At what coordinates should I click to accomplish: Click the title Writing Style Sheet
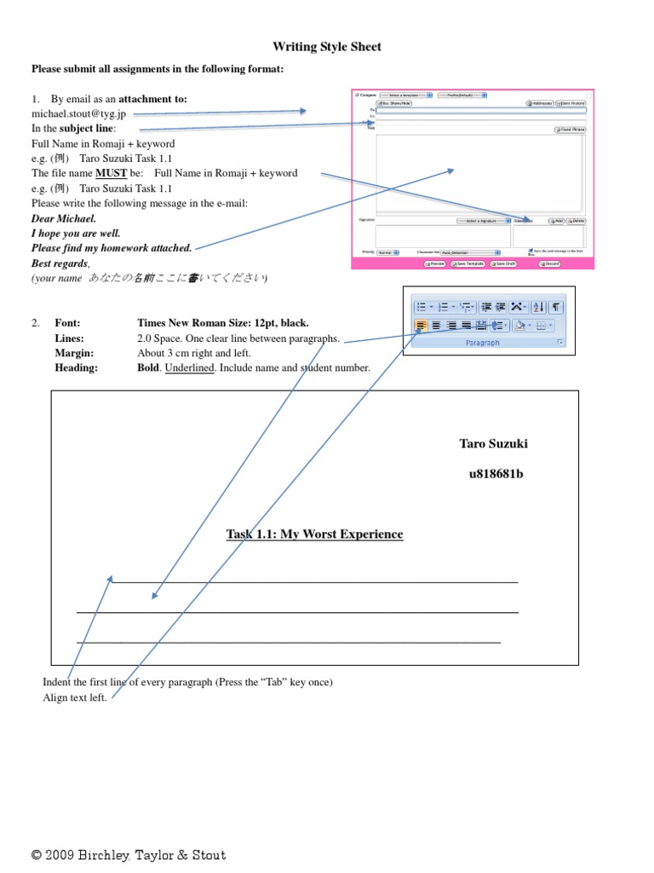coord(327,47)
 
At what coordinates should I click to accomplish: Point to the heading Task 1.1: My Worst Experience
coord(314,535)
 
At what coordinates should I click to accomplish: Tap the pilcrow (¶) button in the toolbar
coord(556,307)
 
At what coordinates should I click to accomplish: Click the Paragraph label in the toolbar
coord(483,343)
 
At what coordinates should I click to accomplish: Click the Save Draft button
coord(505,264)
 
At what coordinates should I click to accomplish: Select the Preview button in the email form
coord(436,264)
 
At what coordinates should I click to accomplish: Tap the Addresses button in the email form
coord(540,102)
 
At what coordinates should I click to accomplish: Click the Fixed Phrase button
coord(571,130)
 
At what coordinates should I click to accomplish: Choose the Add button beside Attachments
coord(557,221)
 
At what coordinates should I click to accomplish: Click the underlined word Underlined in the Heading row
coord(189,368)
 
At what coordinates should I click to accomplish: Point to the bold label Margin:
coord(74,353)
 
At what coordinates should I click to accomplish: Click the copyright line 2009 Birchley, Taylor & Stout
coord(129,855)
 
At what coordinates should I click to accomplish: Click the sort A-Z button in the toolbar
coord(538,307)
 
